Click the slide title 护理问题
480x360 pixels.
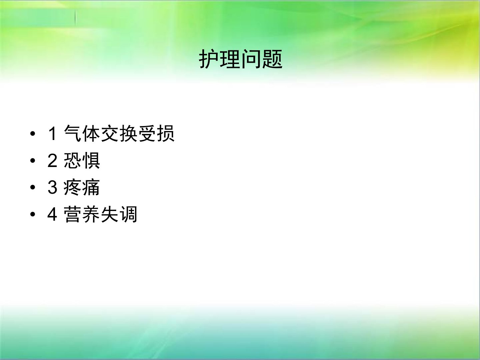click(x=241, y=59)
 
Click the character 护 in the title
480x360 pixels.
click(x=209, y=59)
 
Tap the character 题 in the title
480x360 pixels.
click(x=272, y=59)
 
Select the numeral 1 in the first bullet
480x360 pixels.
click(x=52, y=134)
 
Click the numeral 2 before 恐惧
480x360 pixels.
click(x=52, y=161)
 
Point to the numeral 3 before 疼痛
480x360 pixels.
click(x=52, y=187)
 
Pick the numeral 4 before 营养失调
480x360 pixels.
click(x=52, y=214)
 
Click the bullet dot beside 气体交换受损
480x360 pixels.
click(x=33, y=134)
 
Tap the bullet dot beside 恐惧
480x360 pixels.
click(x=33, y=161)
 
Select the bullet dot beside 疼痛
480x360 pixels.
click(x=33, y=187)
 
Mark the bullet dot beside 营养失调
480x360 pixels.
click(x=33, y=214)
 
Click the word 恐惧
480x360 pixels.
click(x=82, y=161)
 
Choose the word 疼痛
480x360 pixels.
click(x=82, y=187)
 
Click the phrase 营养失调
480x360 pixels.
click(x=100, y=214)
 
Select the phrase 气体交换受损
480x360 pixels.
click(x=119, y=134)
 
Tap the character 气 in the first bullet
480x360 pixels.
click(x=73, y=134)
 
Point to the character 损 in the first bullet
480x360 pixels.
click(x=166, y=134)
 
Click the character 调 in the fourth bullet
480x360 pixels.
click(x=128, y=214)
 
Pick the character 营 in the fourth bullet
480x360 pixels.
click(x=73, y=214)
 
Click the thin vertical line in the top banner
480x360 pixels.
click(x=75, y=17)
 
